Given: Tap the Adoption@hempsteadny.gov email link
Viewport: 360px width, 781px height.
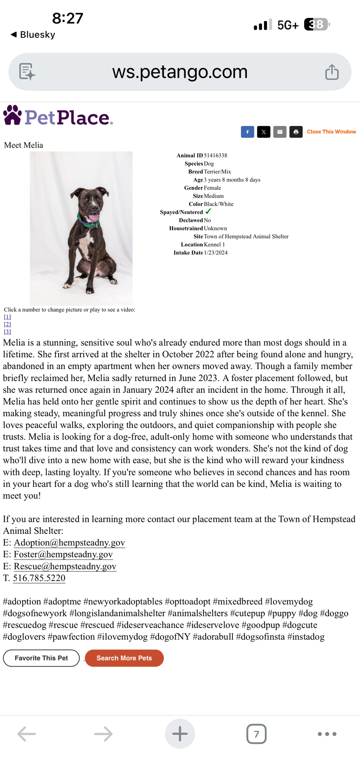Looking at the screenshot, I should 69,542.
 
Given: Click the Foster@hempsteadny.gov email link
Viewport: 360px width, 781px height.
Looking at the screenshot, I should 63,554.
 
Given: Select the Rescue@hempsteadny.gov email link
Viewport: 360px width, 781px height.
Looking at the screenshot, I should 65,566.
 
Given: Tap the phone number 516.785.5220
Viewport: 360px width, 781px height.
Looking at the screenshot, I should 39,578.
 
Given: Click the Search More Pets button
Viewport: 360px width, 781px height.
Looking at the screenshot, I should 124,658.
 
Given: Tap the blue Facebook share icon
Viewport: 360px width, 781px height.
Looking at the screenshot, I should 248,132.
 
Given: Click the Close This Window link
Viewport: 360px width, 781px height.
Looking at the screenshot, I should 331,132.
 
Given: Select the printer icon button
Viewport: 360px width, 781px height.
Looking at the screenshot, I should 296,132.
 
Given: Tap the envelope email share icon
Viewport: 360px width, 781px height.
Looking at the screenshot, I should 280,132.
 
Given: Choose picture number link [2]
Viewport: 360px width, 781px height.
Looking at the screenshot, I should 7,324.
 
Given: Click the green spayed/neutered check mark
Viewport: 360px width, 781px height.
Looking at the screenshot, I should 208,211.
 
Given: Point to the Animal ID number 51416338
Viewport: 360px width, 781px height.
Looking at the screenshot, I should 216,155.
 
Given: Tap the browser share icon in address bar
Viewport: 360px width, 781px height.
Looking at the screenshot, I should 332,72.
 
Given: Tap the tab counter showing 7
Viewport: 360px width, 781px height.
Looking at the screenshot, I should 256,734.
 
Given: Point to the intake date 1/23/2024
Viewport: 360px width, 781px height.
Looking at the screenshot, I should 216,253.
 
